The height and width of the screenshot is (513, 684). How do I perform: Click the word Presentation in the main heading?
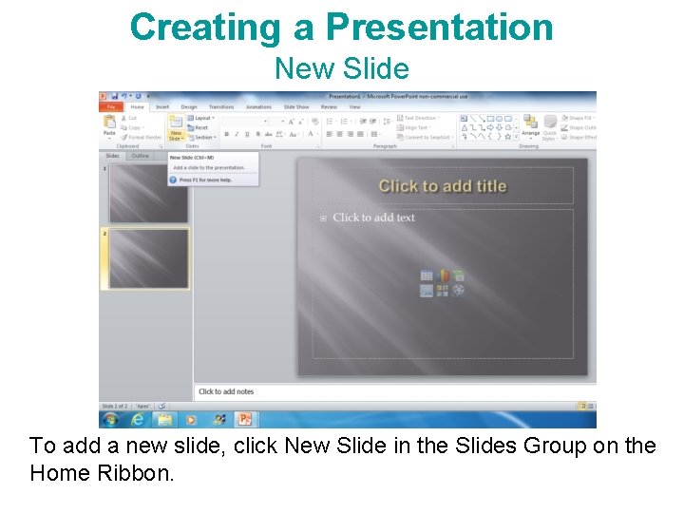[439, 27]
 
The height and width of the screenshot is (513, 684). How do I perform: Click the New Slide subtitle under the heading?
[341, 68]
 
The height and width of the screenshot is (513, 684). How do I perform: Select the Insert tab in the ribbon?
[162, 107]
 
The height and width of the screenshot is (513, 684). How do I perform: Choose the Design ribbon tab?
[189, 107]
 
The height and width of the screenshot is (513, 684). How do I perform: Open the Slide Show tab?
[295, 107]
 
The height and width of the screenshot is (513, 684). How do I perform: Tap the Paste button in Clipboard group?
[109, 126]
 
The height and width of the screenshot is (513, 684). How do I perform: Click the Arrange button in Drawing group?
[530, 126]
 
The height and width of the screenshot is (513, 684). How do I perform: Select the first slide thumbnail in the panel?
[148, 194]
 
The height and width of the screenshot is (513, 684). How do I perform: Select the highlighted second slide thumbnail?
[148, 258]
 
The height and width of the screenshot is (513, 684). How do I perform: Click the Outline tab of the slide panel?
[141, 156]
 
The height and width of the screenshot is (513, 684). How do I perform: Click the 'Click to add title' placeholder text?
[442, 186]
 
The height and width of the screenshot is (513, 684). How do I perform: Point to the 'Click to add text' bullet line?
[373, 218]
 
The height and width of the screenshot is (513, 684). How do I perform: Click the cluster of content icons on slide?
[442, 283]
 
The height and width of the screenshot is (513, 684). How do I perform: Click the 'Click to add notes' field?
[226, 391]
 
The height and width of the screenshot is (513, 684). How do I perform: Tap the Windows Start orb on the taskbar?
[110, 419]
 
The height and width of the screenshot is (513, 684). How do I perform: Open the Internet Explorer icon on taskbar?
[138, 419]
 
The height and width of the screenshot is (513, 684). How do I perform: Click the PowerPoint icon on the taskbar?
[245, 419]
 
